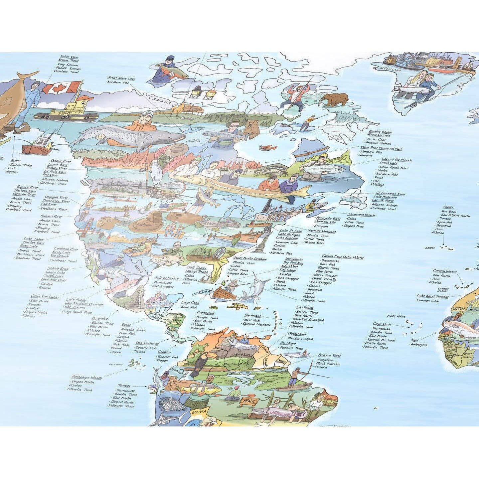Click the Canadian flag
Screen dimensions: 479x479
click(61, 88)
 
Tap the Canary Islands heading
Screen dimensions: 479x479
click(444, 271)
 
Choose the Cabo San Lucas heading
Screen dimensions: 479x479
click(45, 296)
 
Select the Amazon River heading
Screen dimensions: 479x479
click(329, 355)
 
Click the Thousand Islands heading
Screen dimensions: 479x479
click(362, 215)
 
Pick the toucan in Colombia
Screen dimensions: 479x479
click(200, 362)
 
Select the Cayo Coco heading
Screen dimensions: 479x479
click(190, 303)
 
